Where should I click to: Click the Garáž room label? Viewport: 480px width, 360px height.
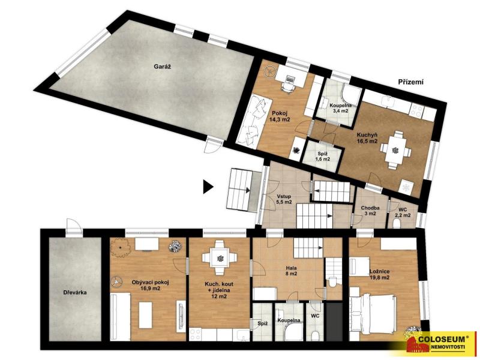162,66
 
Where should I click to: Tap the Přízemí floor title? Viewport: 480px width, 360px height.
410,82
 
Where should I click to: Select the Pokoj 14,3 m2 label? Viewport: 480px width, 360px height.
280,116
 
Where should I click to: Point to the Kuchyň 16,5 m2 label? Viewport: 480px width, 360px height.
367,138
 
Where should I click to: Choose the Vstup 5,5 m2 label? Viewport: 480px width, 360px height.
284,199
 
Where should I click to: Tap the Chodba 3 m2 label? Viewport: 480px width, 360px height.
370,211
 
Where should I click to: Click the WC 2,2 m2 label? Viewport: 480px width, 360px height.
402,212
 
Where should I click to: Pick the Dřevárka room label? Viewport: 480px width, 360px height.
75,292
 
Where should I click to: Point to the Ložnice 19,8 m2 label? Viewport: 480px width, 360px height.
379,274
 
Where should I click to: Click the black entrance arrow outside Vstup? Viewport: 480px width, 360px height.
208,187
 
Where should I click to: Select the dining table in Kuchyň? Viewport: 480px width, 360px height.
395,149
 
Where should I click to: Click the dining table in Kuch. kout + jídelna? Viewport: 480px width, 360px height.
219,257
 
